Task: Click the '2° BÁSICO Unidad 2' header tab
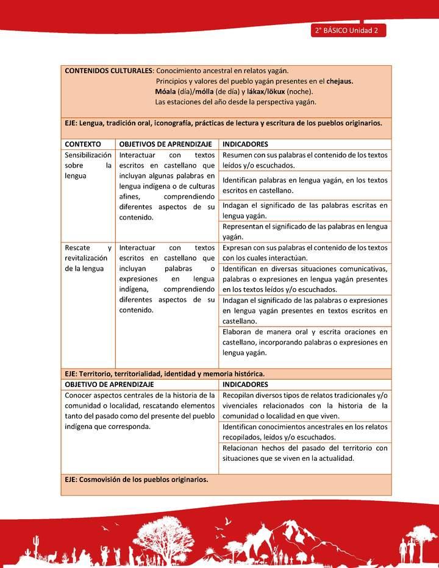(348, 31)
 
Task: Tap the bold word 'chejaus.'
(340, 81)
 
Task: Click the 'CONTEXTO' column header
(83, 144)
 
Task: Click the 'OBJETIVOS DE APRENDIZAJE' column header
(165, 144)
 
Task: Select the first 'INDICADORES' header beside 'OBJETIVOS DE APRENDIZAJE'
(245, 144)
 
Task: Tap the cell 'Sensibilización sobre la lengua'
(88, 165)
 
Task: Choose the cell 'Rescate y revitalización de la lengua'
(88, 258)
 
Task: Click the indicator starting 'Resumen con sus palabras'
(304, 160)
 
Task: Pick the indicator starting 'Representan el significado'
(304, 232)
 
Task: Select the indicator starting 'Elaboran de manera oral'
(304, 342)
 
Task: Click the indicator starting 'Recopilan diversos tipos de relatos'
(304, 405)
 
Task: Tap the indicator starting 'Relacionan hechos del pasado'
(304, 453)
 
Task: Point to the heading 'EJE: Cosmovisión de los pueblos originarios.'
(136, 479)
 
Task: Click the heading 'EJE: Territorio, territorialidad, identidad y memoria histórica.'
(164, 374)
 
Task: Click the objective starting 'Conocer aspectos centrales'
(140, 411)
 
